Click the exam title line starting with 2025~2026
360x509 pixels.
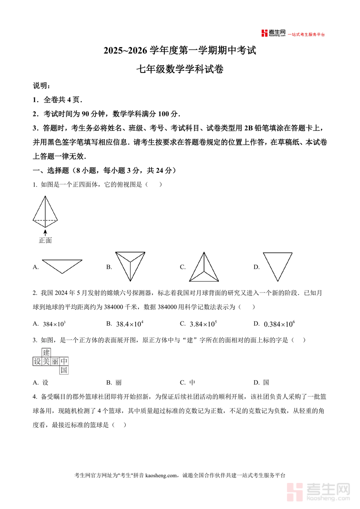click(180, 51)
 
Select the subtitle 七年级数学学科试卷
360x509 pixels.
click(180, 69)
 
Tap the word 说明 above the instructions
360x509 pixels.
click(41, 86)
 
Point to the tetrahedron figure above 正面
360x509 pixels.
click(45, 211)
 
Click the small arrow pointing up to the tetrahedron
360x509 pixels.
click(45, 232)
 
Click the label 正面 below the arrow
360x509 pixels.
click(45, 240)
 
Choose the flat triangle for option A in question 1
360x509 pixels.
click(62, 266)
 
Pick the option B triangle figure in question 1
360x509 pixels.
click(130, 266)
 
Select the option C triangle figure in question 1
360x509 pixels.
click(204, 267)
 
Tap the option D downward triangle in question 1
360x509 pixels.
click(278, 266)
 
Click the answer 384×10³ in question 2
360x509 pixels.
click(54, 324)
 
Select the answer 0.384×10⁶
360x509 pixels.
click(280, 324)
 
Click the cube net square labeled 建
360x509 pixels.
click(46, 353)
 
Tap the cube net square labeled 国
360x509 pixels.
click(64, 370)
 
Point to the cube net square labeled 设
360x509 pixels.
click(37, 361)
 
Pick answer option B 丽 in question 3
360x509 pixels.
click(118, 383)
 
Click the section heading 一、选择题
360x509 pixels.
click(52, 170)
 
